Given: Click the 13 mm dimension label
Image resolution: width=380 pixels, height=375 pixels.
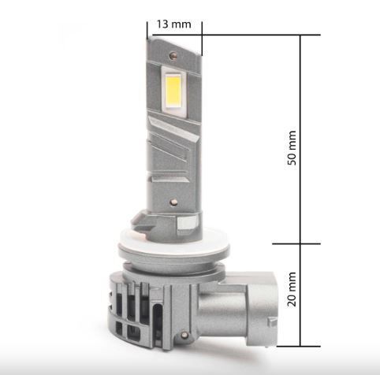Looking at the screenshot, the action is coord(174,24).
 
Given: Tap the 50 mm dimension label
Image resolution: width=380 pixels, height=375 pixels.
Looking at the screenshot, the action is coord(292,148).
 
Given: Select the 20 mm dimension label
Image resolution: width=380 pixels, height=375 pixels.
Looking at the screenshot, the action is coord(292,289).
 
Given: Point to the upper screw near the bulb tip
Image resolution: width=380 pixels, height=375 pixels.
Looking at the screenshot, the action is coord(173,55).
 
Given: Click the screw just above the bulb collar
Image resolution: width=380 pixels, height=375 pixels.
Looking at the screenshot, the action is coord(173,202).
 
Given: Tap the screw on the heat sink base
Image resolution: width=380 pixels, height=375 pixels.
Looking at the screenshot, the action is coord(184,335).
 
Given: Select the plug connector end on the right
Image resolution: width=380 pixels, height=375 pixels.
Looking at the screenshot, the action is coord(262,309).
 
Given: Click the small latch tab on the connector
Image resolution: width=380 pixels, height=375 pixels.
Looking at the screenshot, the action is coord(272,322).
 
